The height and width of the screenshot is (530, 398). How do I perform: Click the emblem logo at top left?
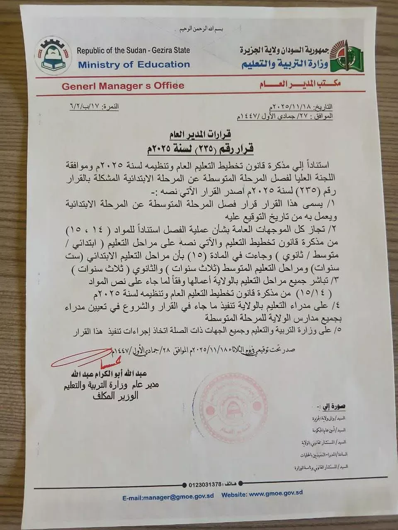click(55, 56)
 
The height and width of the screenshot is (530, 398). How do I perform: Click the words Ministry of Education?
click(133, 65)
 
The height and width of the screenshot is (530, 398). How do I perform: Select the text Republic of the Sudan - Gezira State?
click(133, 51)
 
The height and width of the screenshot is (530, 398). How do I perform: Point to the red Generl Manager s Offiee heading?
click(123, 86)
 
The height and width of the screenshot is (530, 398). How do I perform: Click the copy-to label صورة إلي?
click(333, 406)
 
